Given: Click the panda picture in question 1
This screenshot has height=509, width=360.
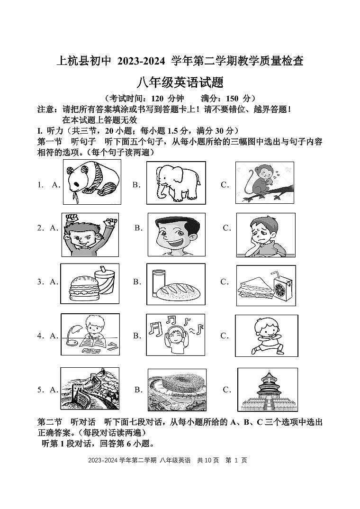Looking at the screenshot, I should tap(91, 182).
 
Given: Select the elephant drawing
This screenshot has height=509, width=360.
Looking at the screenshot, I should tap(176, 183).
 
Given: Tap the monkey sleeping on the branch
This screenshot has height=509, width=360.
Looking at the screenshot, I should tap(264, 183).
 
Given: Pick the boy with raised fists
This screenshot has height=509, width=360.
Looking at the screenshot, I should tap(90, 234).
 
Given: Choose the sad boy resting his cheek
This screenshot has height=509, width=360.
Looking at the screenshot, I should tap(265, 234).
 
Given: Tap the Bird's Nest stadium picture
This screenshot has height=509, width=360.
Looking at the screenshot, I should tap(176, 390).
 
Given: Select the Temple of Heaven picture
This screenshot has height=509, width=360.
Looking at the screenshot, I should tap(267, 390).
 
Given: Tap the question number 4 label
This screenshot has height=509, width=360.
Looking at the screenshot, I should tap(40, 336).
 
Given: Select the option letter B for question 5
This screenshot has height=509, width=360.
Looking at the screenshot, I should tap(138, 390).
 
